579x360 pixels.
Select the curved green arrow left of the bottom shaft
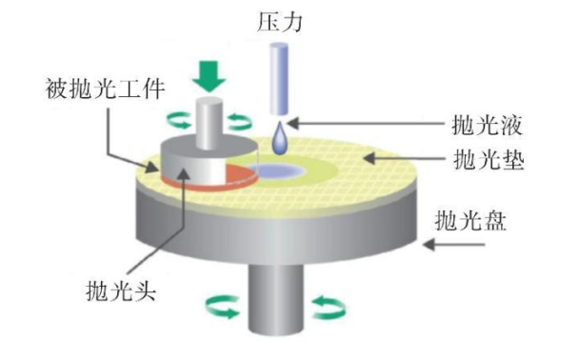(224, 306)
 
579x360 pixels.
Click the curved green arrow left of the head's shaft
(177, 119)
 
